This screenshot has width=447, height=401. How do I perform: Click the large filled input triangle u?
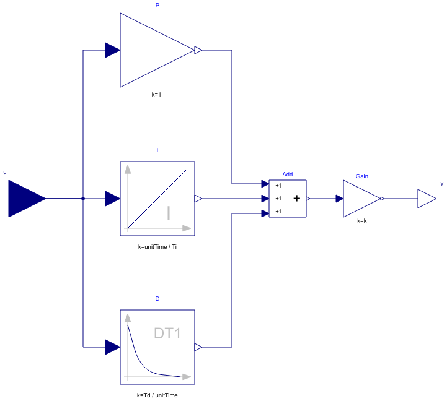(25, 199)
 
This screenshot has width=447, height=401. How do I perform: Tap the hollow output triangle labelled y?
(425, 199)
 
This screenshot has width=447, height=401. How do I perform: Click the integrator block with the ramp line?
(157, 199)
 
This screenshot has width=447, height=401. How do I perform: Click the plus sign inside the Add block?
(296, 199)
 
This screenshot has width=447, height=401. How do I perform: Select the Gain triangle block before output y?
(360, 199)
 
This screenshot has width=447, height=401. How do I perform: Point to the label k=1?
(157, 95)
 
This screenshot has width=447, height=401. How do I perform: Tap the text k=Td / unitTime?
(157, 394)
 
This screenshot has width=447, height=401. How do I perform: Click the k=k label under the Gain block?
(362, 220)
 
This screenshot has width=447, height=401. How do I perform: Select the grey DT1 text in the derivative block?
(167, 334)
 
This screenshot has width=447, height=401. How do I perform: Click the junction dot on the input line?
(83, 199)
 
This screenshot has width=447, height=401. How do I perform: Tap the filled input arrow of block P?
(112, 50)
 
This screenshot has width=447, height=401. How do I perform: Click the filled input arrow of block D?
(112, 347)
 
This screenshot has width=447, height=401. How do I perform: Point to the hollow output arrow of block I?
(198, 199)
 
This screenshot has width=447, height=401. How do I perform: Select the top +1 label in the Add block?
(278, 185)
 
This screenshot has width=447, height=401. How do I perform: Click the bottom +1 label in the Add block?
(278, 212)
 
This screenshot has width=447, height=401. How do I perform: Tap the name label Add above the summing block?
(287, 175)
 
